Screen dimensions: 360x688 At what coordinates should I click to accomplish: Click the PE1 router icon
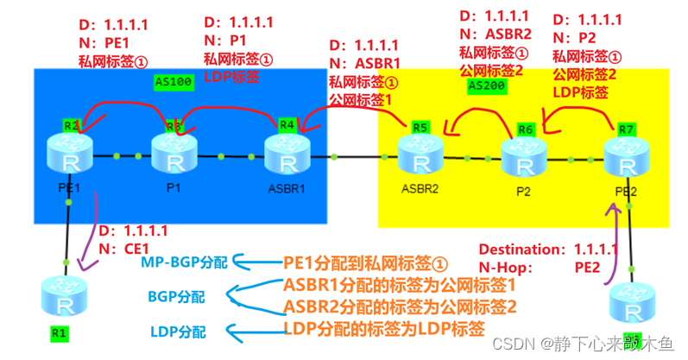pyautogui.click(x=70, y=156)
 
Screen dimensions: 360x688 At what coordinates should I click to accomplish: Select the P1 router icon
pyautogui.click(x=175, y=156)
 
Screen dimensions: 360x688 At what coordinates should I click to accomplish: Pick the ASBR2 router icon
pyautogui.click(x=420, y=156)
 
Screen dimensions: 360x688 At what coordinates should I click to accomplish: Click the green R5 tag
pyautogui.click(x=420, y=127)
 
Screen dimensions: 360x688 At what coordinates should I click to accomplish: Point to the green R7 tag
pyautogui.click(x=627, y=129)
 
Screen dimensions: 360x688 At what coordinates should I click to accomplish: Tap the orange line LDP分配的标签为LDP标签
pyautogui.click(x=384, y=328)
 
